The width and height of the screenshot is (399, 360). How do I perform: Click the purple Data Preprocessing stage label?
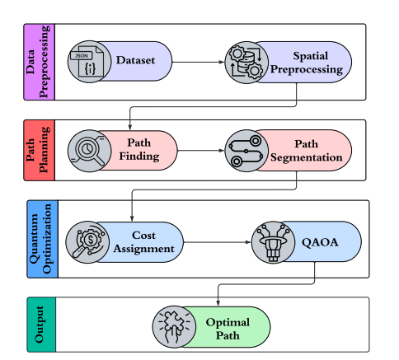[38, 62]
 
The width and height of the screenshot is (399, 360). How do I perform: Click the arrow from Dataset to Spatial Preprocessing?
[198, 62]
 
